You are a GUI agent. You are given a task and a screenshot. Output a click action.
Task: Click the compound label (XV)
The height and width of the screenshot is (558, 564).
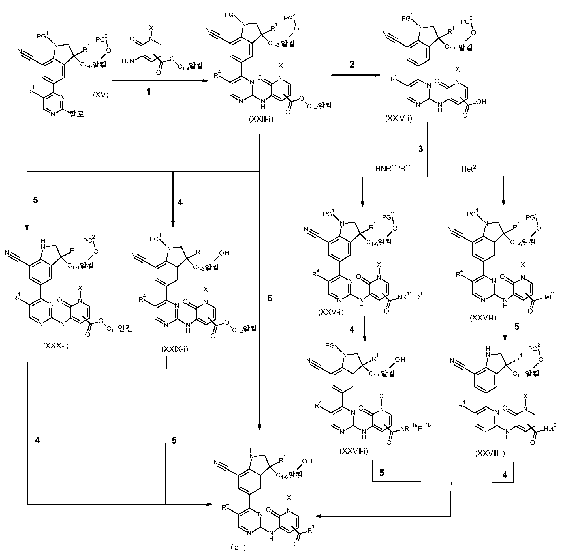pyautogui.click(x=101, y=95)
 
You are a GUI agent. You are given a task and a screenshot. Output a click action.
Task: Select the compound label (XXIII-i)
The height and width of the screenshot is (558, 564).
pyautogui.click(x=261, y=119)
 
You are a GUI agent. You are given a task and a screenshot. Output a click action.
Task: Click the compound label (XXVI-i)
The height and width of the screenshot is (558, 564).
pyautogui.click(x=483, y=318)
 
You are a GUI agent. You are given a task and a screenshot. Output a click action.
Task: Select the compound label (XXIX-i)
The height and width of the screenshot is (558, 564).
pyautogui.click(x=175, y=349)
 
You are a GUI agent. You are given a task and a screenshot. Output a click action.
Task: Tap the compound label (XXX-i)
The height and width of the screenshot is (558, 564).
pyautogui.click(x=56, y=346)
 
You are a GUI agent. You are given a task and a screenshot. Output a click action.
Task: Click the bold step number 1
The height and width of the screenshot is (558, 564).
pyautogui.click(x=148, y=92)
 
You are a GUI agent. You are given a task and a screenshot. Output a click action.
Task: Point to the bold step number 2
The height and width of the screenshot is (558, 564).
pyautogui.click(x=352, y=65)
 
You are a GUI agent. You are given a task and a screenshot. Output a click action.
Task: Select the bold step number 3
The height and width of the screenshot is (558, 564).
pyautogui.click(x=420, y=149)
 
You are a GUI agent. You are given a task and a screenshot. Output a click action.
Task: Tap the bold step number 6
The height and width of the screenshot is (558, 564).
pyautogui.click(x=270, y=298)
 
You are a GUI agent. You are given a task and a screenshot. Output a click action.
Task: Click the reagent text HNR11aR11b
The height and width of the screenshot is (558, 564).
pyautogui.click(x=395, y=168)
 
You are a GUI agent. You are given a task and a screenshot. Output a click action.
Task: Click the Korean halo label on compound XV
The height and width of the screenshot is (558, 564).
pyautogui.click(x=77, y=113)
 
